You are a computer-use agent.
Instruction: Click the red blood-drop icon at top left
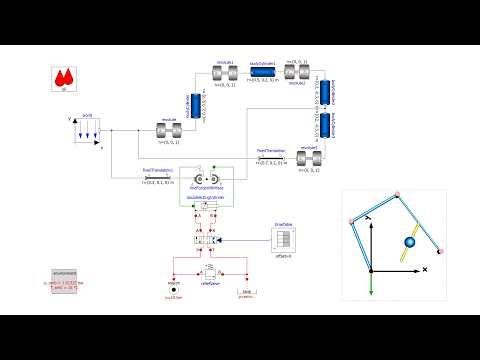click(65, 77)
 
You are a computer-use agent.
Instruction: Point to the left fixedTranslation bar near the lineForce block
click(158, 176)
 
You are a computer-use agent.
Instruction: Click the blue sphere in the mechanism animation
click(408, 242)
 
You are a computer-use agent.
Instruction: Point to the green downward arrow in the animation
click(371, 283)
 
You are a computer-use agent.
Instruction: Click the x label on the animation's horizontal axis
click(425, 270)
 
